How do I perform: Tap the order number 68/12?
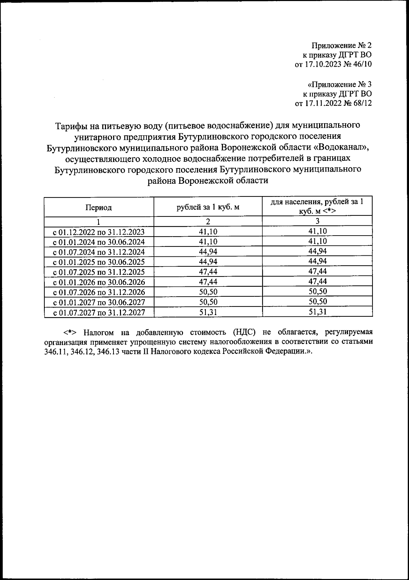pos(362,103)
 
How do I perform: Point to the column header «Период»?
pos(99,207)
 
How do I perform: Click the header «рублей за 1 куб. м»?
pos(208,207)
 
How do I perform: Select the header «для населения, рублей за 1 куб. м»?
pos(317,206)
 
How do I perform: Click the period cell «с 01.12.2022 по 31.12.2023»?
pos(99,232)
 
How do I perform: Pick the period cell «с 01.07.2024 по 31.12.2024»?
pos(99,252)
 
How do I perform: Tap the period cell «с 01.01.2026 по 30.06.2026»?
pos(99,282)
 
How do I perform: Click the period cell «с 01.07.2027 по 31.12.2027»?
pos(99,312)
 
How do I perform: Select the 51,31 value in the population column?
pos(317,312)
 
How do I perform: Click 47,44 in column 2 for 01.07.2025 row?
pos(208,272)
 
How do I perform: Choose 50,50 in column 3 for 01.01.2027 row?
pos(317,302)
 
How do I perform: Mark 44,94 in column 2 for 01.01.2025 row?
pos(208,262)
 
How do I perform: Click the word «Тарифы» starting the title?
pos(71,126)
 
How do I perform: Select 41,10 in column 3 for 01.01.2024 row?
pos(317,242)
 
